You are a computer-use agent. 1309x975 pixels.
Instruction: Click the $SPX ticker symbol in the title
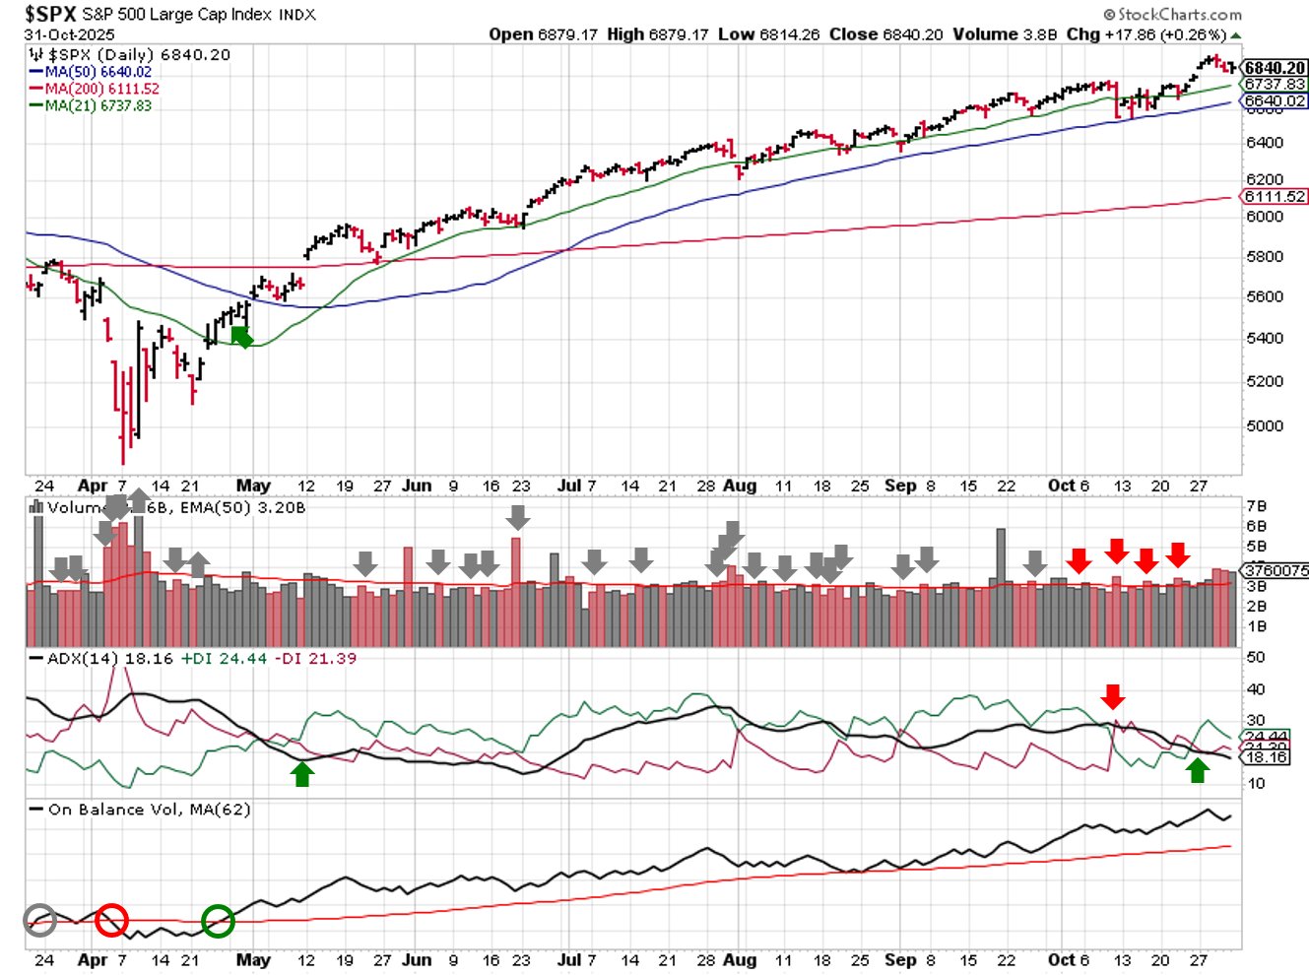[x=50, y=14]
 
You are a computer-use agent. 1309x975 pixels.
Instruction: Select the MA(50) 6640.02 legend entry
[x=98, y=72]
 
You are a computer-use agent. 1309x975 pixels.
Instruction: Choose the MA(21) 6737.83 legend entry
[x=98, y=105]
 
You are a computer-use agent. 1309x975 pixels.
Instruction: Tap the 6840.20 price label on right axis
[x=1274, y=68]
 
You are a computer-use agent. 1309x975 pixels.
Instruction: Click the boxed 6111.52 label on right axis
[x=1274, y=197]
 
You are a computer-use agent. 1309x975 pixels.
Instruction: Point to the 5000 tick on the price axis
[x=1264, y=426]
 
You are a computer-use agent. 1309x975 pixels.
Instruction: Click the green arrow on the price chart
[x=241, y=338]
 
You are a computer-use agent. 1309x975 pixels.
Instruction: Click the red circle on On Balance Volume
[x=111, y=920]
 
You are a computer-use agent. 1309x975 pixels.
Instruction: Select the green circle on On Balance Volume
[x=218, y=921]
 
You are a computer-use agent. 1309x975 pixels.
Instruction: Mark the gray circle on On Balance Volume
[x=40, y=920]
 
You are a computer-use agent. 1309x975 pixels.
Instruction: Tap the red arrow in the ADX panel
[x=1112, y=696]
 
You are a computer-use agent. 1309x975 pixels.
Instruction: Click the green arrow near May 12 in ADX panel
[x=302, y=774]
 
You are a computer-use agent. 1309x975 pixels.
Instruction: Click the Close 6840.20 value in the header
[x=885, y=34]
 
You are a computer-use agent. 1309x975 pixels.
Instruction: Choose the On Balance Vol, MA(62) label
[x=149, y=810]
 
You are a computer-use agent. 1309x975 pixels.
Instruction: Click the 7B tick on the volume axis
[x=1256, y=506]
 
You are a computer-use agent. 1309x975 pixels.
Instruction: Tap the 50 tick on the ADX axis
[x=1255, y=657]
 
